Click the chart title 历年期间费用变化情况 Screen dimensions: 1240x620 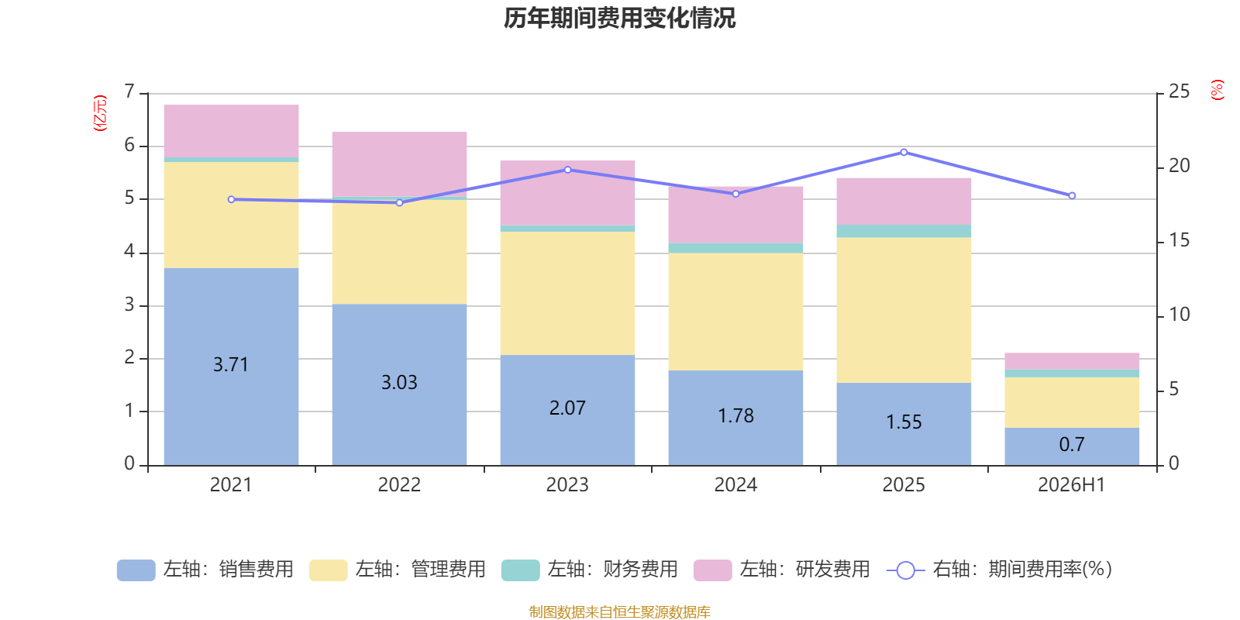click(x=619, y=19)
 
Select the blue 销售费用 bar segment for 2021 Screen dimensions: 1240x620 click(x=232, y=367)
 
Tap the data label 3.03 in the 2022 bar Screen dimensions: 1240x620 click(x=399, y=383)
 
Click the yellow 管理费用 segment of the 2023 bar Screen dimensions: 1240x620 click(x=567, y=294)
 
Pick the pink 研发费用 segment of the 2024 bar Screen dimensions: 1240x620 click(x=735, y=215)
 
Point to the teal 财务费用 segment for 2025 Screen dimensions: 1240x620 click(x=904, y=232)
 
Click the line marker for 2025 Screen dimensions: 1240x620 click(x=904, y=152)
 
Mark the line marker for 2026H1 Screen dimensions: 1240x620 click(x=1073, y=196)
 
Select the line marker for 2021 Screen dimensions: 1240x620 click(x=232, y=200)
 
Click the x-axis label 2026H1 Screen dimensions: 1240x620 click(x=1072, y=485)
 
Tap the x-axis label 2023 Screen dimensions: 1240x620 click(x=567, y=485)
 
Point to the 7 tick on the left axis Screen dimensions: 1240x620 click(x=129, y=91)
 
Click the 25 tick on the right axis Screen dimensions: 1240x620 click(x=1179, y=91)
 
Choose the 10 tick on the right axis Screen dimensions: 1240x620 click(x=1179, y=315)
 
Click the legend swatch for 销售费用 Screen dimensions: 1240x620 click(x=136, y=570)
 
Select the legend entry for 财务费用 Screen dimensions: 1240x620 click(x=590, y=570)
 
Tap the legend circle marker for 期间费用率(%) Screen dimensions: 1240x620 click(x=906, y=570)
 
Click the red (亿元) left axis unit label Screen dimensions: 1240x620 click(x=100, y=113)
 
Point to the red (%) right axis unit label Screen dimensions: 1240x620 click(x=1218, y=90)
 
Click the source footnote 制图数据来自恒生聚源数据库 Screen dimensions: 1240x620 click(x=619, y=611)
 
